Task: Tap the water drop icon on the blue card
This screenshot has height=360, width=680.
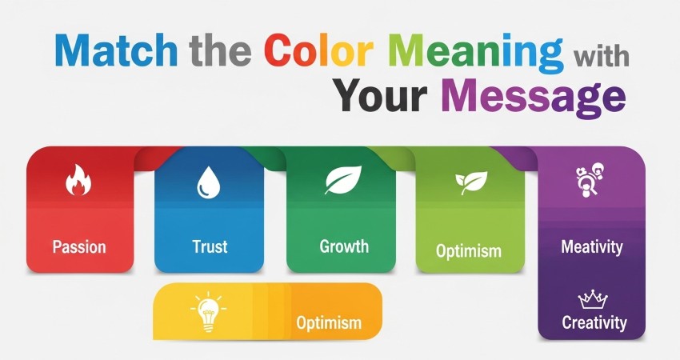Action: (x=208, y=183)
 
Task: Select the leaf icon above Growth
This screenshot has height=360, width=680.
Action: (x=342, y=180)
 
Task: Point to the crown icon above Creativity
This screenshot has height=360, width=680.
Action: (x=593, y=298)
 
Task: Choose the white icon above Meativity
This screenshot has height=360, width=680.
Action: (x=590, y=180)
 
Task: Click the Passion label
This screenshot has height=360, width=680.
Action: (x=78, y=246)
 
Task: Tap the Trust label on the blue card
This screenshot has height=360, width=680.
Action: (x=210, y=246)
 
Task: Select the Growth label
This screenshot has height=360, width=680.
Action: (x=344, y=246)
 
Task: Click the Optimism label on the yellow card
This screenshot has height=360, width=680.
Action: (x=329, y=323)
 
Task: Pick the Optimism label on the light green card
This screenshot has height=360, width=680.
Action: (x=469, y=251)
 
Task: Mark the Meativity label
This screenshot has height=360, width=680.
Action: (x=592, y=246)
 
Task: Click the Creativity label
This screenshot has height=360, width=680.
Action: (x=594, y=323)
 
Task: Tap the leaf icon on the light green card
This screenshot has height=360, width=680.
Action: (x=470, y=182)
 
